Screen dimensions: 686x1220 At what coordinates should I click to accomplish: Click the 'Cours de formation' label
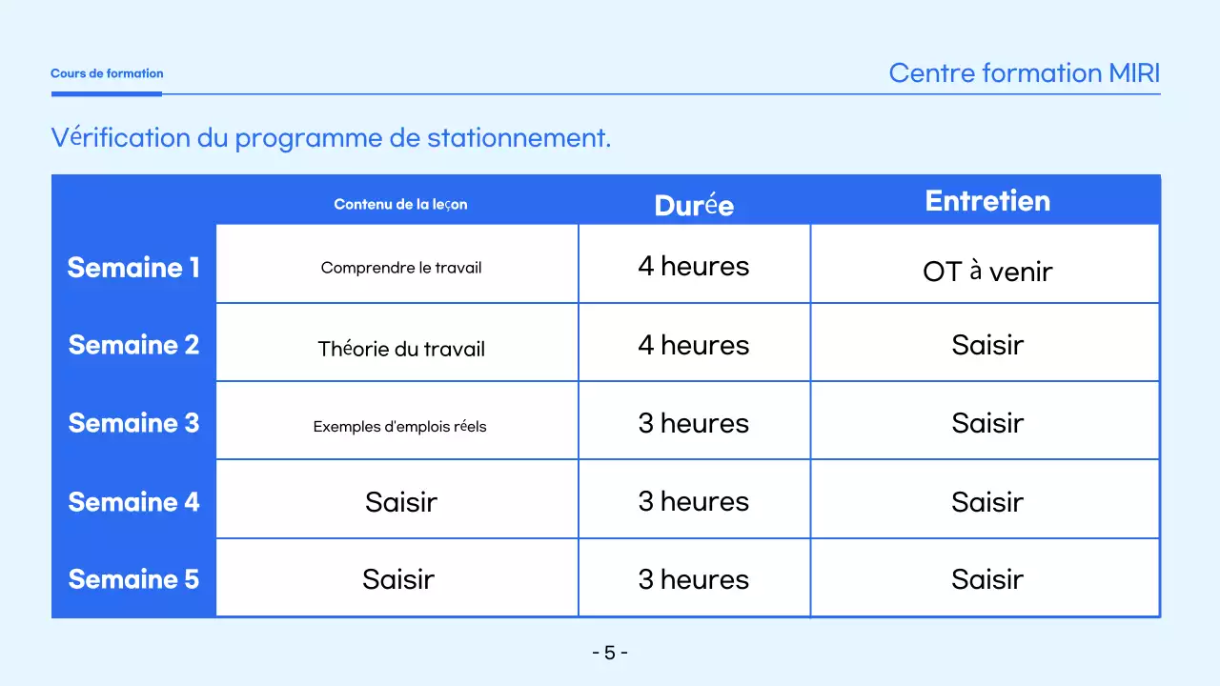point(107,73)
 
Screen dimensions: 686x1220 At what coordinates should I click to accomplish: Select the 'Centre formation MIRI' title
point(1024,73)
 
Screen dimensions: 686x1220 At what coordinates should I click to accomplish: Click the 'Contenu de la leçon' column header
point(400,204)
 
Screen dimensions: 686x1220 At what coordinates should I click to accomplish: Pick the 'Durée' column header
point(694,205)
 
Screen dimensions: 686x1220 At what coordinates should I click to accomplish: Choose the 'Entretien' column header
point(987,201)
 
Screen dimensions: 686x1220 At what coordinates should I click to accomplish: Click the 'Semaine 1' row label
point(133,268)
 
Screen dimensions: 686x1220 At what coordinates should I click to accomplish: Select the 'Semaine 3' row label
point(133,423)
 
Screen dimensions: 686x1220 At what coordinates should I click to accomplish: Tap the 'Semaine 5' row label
point(133,579)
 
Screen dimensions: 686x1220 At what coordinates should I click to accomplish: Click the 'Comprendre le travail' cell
point(400,268)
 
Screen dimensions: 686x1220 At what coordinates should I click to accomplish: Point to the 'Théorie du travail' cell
point(400,349)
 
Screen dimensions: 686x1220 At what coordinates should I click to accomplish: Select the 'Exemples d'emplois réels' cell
point(399,426)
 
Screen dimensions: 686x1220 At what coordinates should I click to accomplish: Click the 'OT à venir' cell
point(987,272)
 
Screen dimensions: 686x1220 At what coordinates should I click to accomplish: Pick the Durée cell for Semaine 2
point(694,345)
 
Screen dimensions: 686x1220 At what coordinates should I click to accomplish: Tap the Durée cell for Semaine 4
point(694,501)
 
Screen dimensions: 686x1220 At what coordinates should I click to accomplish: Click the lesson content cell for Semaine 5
point(398,579)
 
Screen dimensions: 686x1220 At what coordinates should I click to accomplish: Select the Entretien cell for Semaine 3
point(987,423)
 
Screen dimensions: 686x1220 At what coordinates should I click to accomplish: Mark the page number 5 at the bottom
point(610,653)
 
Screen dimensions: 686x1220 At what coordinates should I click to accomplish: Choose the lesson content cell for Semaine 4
point(400,501)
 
